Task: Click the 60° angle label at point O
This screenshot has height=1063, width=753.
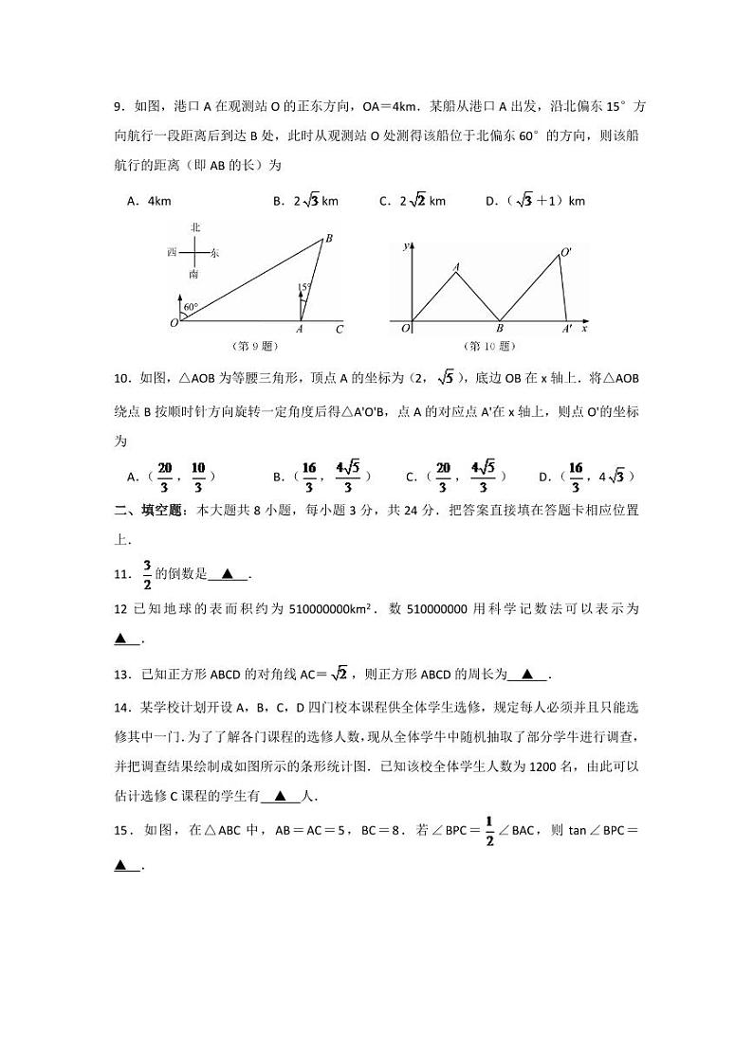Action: coord(190,307)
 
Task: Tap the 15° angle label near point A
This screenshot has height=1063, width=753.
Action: coord(304,286)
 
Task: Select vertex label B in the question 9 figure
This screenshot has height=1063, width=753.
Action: coord(328,239)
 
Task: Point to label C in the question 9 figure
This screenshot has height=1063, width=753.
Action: coord(339,330)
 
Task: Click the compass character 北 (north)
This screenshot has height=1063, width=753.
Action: coord(195,227)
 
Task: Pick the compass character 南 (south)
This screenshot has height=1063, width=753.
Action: coord(193,274)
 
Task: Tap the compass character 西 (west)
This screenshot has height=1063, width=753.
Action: coord(172,252)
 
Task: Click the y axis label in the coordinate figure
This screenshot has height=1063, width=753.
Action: coord(406,245)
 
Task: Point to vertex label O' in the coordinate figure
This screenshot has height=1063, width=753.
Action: coord(566,252)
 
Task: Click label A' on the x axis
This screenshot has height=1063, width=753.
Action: coord(567,330)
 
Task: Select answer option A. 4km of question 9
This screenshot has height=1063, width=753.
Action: coord(148,201)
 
